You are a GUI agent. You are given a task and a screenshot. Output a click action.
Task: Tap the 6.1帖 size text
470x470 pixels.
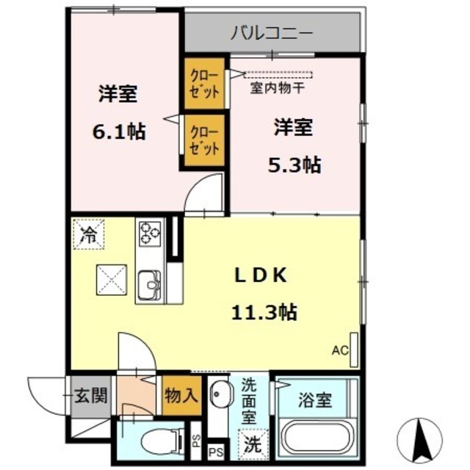(117, 132)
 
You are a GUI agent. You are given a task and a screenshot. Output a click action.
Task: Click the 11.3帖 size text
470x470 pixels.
(264, 312)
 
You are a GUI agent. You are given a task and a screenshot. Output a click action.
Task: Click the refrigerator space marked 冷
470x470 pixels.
(88, 236)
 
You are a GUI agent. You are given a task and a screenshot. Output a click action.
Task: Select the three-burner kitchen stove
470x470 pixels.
(150, 234)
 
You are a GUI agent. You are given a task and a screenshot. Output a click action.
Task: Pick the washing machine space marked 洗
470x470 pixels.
(253, 444)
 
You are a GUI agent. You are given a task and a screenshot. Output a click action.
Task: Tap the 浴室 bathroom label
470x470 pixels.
(315, 401)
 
